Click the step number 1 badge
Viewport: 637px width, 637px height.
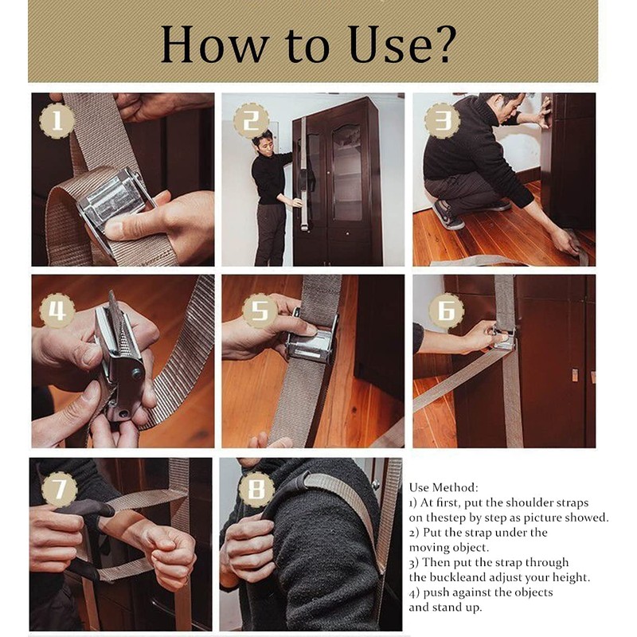[57, 121]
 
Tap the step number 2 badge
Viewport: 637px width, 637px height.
[251, 121]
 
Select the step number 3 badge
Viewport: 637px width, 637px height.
[442, 121]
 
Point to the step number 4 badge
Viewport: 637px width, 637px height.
[57, 311]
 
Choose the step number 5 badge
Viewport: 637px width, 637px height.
[260, 311]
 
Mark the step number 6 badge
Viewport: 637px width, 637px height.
[446, 311]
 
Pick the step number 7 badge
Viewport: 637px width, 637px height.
[61, 489]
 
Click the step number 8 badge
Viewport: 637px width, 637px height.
[256, 489]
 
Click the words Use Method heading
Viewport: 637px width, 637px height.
[444, 487]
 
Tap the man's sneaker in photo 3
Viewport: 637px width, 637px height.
[447, 215]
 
